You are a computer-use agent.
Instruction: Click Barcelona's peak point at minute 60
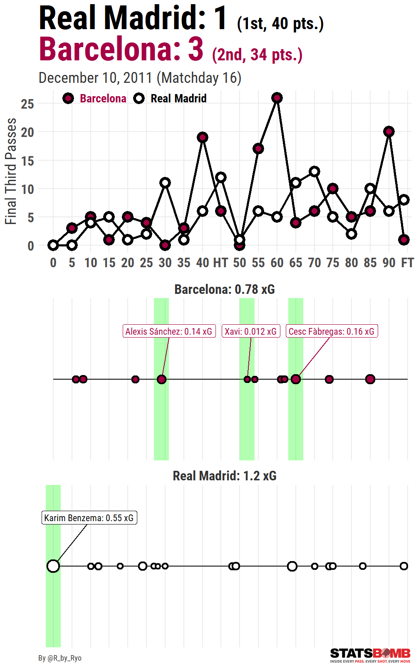[277, 98]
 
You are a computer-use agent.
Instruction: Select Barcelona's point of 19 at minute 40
[203, 137]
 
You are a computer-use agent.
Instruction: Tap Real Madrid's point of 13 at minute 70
[314, 171]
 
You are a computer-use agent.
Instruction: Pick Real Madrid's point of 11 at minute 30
[165, 183]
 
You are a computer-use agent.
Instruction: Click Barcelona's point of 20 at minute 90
[389, 132]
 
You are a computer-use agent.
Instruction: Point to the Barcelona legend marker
[68, 99]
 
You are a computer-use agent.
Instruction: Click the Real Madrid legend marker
[139, 99]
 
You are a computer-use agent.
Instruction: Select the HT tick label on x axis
[220, 263]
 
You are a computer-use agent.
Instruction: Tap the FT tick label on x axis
[407, 263]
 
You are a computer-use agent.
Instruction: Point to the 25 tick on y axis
[27, 104]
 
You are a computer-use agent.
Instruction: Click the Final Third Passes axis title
[11, 171]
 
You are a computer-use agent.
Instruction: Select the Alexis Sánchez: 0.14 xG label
[169, 331]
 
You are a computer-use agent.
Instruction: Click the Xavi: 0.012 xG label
[251, 331]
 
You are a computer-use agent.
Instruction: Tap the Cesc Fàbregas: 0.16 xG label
[332, 331]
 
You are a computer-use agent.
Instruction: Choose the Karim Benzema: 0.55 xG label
[89, 518]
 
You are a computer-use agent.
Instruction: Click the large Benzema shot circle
[53, 566]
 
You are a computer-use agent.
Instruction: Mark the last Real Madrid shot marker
[404, 566]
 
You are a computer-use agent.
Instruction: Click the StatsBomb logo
[370, 655]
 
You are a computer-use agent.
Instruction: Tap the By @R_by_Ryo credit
[60, 658]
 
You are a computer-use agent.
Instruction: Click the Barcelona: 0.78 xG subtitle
[225, 289]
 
